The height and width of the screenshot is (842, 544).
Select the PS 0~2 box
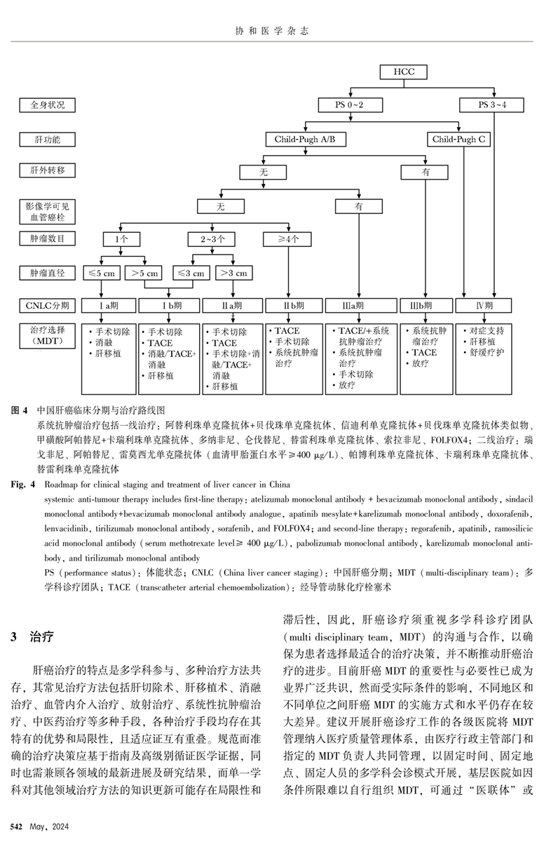pos(340,105)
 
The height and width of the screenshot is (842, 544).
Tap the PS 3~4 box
pos(492,105)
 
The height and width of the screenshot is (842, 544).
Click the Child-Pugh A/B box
pos(306,140)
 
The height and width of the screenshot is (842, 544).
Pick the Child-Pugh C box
pos(458,140)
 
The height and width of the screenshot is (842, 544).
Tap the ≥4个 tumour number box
pos(287,239)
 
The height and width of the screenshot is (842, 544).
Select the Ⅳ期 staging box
pos(483,306)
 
